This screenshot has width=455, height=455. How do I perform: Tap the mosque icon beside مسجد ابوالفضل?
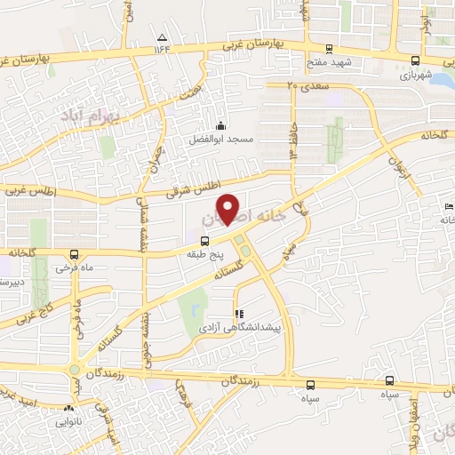[x=220, y=125]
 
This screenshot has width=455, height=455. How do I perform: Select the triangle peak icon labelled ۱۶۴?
[x=162, y=37]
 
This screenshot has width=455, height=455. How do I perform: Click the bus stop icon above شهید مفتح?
[x=330, y=50]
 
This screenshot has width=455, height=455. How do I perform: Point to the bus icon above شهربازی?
[x=417, y=60]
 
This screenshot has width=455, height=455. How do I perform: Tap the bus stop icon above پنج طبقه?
[x=205, y=240]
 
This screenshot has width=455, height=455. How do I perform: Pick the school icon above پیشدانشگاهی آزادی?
[x=238, y=314]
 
